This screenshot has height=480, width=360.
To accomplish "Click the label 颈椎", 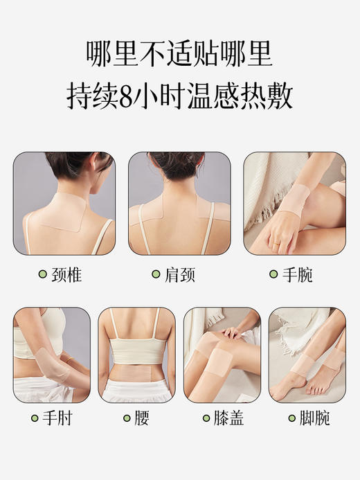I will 66,275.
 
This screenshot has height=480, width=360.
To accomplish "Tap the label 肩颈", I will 180,275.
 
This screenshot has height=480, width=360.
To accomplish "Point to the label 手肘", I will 57,418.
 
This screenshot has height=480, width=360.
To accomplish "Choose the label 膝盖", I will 228,418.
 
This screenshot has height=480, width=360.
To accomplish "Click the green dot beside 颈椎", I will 42,275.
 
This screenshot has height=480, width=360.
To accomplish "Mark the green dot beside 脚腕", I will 289,418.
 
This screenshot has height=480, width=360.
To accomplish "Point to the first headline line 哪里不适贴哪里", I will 179,51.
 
